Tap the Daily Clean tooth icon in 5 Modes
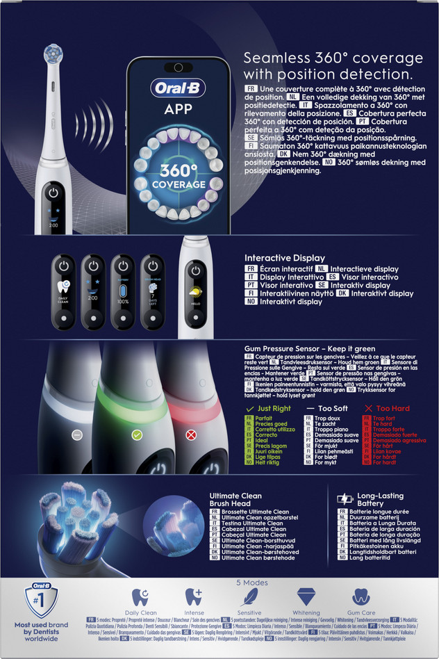click(x=140, y=596)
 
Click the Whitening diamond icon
click(x=306, y=596)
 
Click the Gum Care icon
click(x=360, y=596)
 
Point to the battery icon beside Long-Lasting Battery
click(x=345, y=498)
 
